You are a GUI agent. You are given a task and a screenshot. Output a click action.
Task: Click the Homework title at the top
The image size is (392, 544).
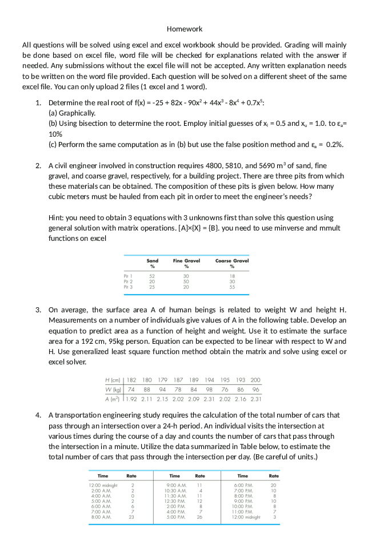coord(185,29)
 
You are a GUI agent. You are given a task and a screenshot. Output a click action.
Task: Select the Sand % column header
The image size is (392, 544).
coord(153,263)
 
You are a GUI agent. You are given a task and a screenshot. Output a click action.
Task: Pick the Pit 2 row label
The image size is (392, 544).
coord(128,281)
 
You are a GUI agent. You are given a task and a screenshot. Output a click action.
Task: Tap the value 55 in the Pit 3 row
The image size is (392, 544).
coord(232,286)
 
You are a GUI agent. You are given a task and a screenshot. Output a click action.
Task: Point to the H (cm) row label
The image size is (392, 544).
coord(113,380)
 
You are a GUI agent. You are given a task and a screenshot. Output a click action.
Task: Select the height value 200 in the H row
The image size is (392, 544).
coord(255,380)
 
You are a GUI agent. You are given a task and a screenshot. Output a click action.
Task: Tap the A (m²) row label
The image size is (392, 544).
coord(113,399)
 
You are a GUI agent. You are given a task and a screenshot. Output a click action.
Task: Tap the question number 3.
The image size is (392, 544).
coord(38,309)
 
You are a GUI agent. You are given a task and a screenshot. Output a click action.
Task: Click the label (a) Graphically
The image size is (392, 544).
coord(72,113)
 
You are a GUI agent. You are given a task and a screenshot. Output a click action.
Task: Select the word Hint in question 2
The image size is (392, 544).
coord(57,218)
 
